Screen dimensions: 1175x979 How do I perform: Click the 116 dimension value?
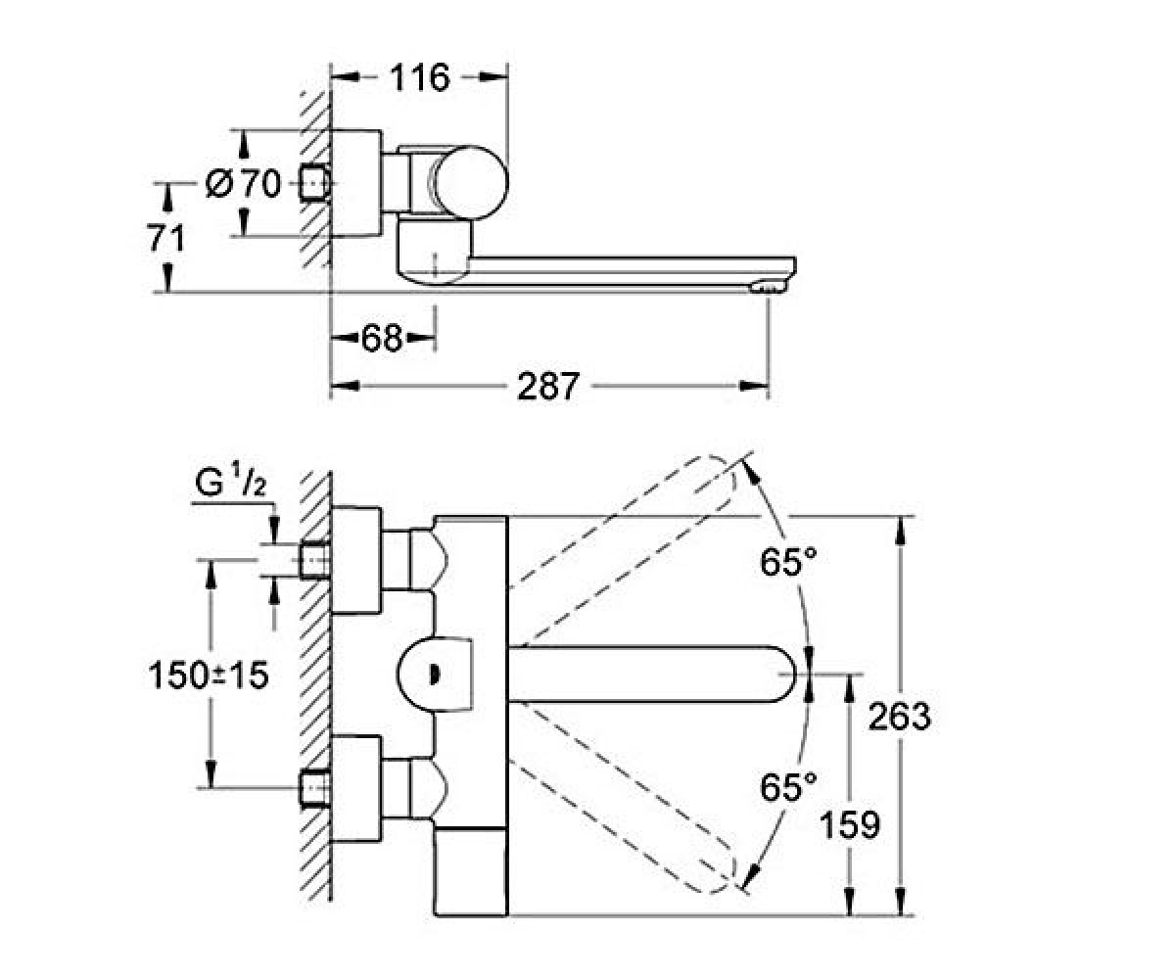coord(420,77)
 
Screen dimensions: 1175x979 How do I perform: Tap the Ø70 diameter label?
coord(243,183)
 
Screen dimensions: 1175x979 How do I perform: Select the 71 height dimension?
coord(166,238)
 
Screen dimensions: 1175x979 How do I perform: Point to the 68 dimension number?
coord(382,338)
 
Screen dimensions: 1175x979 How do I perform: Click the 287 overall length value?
coord(547,386)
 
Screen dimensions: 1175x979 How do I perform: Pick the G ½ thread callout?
coord(231,483)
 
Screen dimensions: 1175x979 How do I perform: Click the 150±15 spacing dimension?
coord(209,676)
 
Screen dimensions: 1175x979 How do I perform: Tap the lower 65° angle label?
coord(788,786)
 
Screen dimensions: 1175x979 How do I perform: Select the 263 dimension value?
coord(900,717)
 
